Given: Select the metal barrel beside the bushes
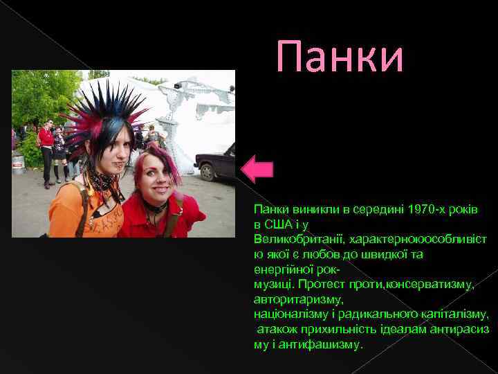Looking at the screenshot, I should (x=19, y=165).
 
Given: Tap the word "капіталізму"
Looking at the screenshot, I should (x=456, y=314).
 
